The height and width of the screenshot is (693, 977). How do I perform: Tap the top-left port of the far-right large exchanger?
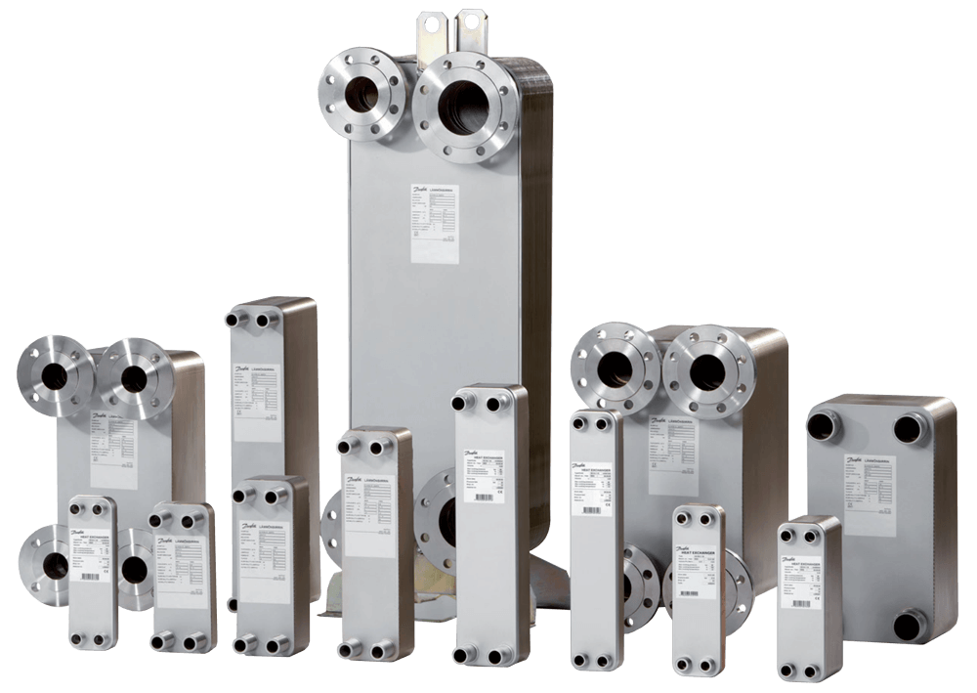(x=824, y=425)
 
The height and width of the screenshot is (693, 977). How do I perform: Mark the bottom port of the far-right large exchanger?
(x=909, y=623)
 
